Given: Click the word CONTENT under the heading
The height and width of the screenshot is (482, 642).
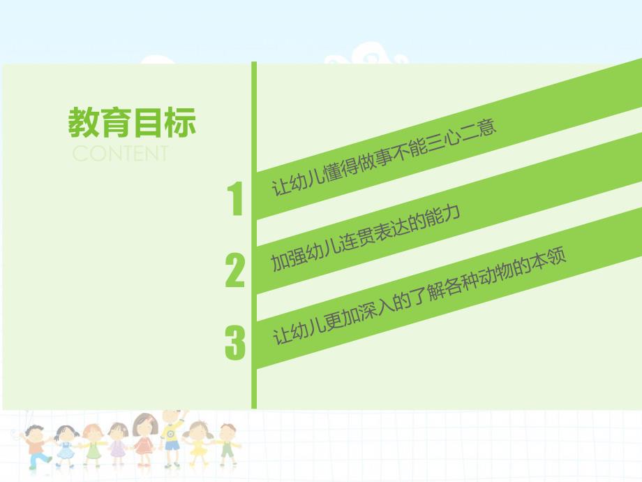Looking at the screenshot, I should coord(120,154).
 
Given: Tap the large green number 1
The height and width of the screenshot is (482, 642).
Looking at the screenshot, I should coord(236,200).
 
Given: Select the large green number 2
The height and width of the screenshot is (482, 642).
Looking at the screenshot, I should coord(235,271).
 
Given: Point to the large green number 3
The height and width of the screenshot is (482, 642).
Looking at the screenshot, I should coord(235,343).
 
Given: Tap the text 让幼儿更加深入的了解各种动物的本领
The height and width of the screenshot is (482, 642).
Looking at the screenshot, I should coord(419,296).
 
